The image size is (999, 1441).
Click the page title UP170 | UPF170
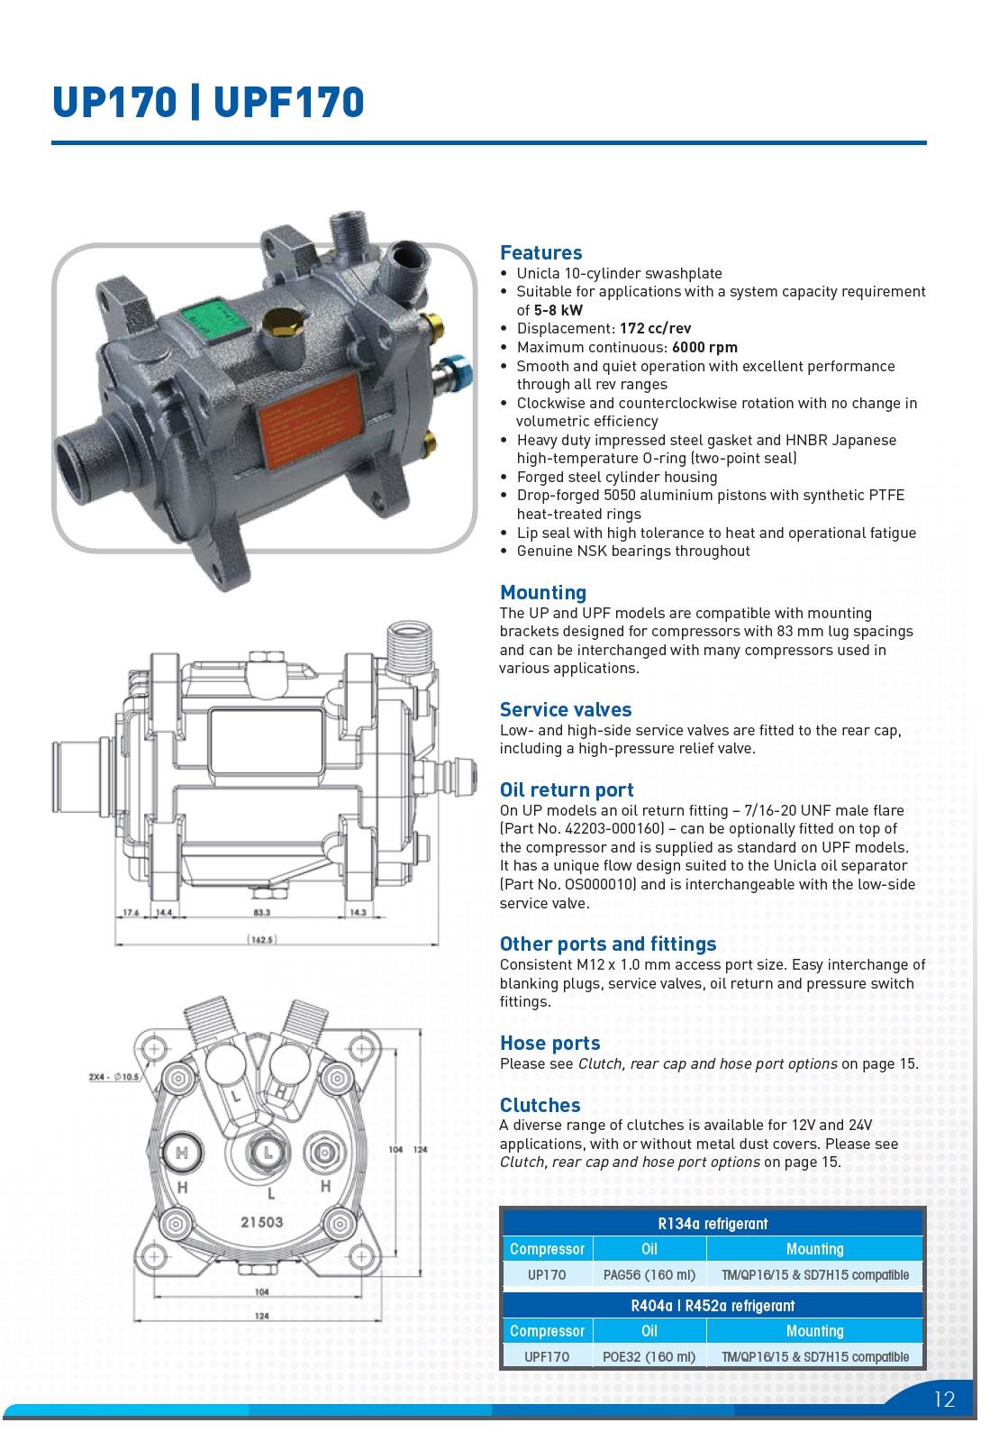(x=208, y=102)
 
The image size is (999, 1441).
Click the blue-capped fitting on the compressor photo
(x=459, y=369)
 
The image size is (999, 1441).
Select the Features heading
(x=540, y=253)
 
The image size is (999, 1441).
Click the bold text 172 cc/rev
(x=655, y=328)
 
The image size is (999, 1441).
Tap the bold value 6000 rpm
(x=704, y=347)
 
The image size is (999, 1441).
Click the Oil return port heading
(x=567, y=789)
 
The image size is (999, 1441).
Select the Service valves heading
(x=566, y=709)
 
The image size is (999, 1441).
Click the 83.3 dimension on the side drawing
(x=261, y=912)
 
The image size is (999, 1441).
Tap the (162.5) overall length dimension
(x=261, y=940)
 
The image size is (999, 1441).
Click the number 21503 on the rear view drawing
(x=261, y=1222)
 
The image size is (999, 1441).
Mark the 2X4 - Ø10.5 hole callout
(x=114, y=1077)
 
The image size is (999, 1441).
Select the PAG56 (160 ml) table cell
(x=649, y=1274)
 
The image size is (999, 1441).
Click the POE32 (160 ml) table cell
(x=649, y=1356)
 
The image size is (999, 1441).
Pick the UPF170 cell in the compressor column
(x=547, y=1356)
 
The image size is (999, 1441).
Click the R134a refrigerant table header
(x=713, y=1224)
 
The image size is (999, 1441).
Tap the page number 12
(x=944, y=1400)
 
